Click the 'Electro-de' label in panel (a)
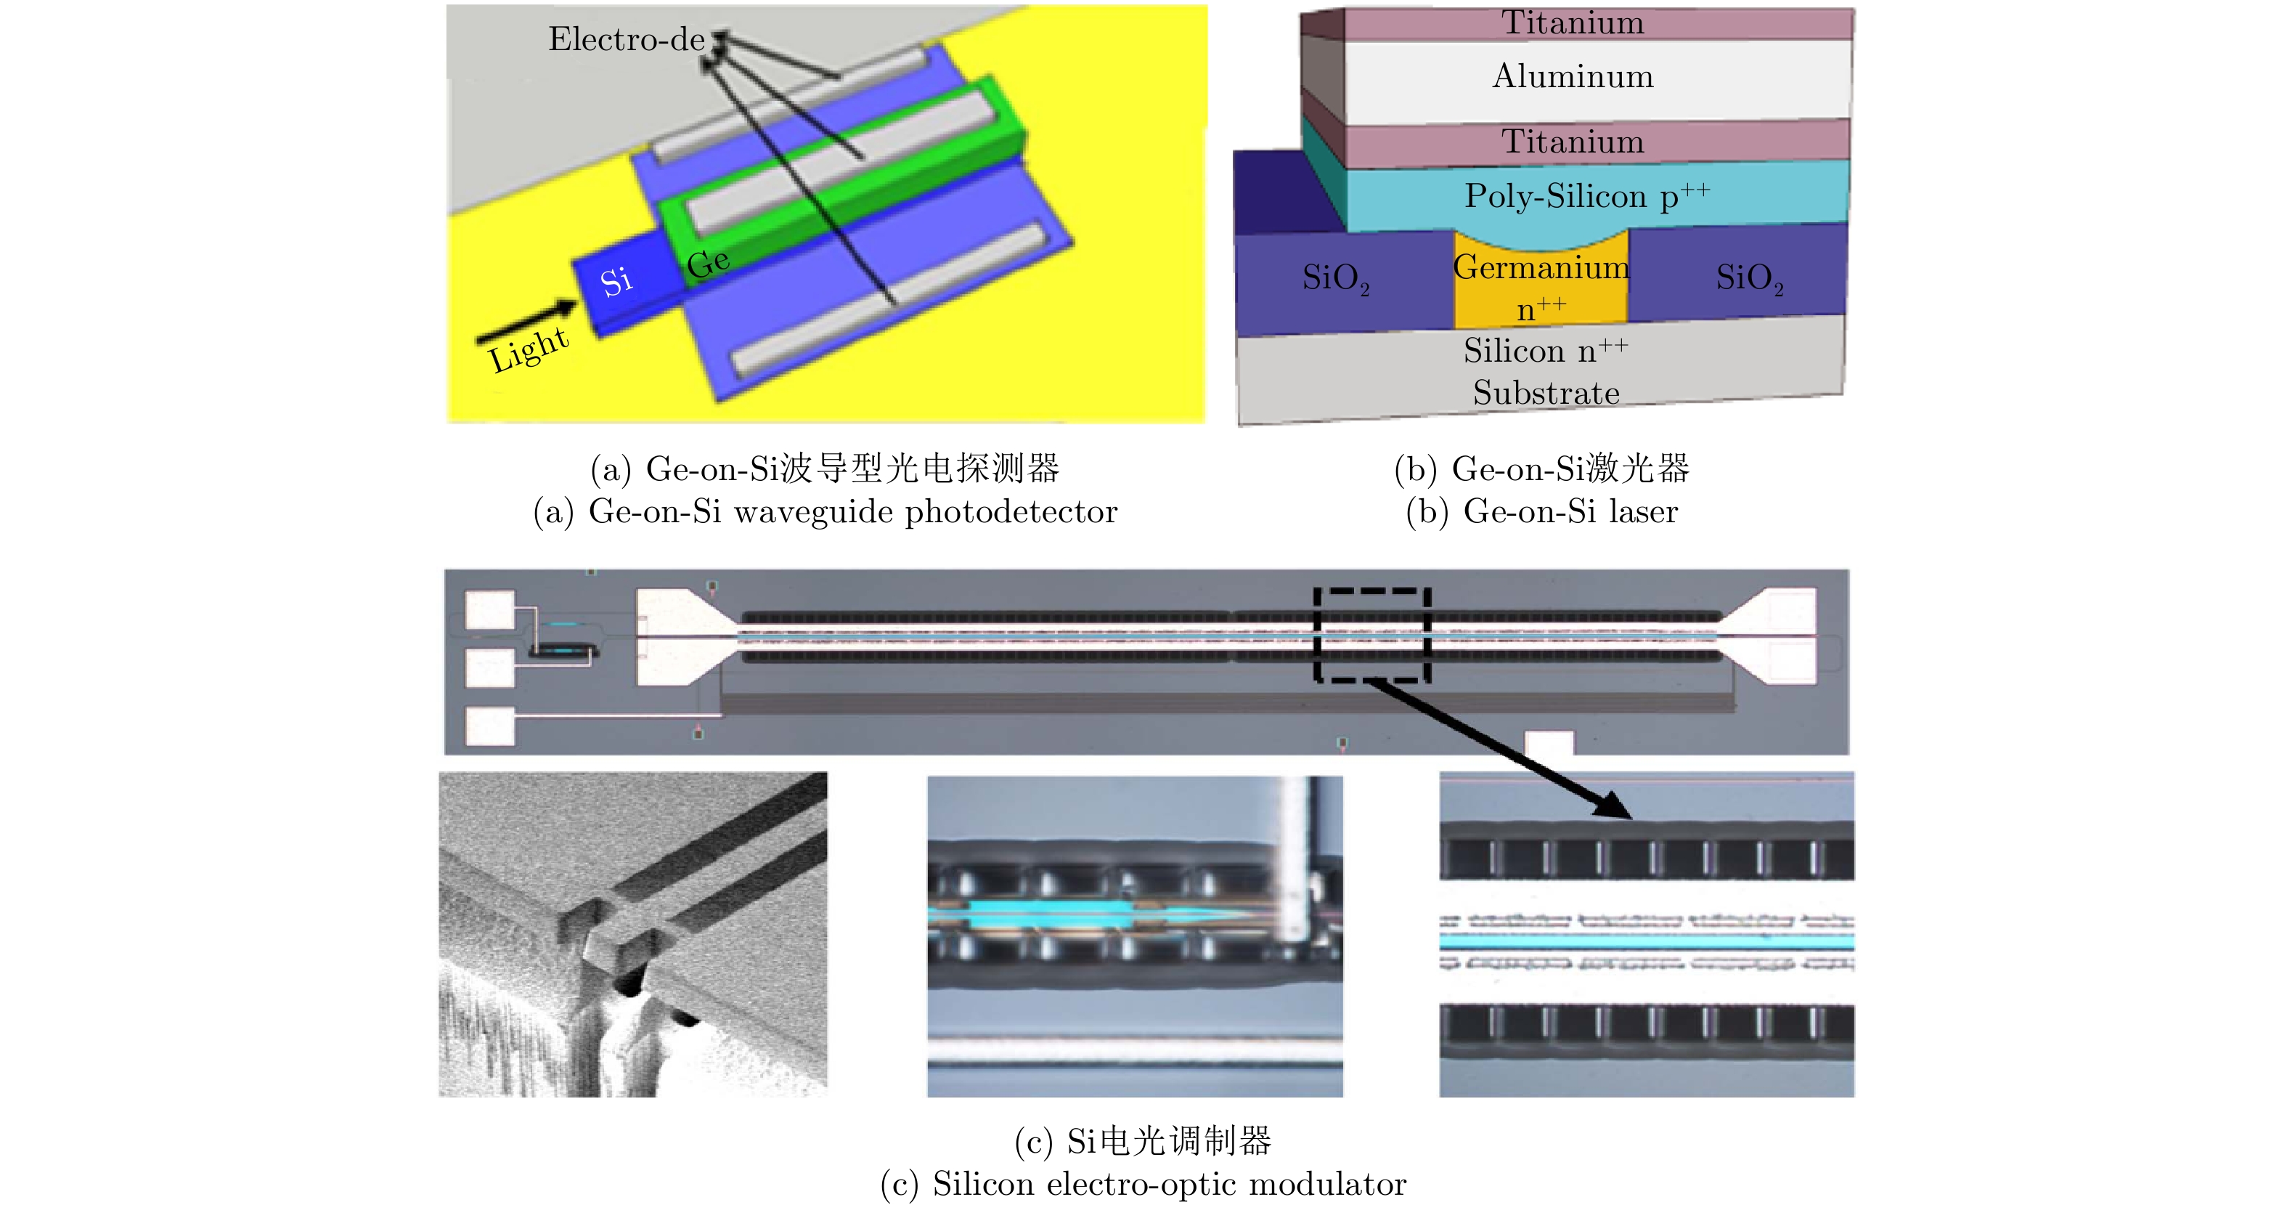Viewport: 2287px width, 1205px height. tap(626, 40)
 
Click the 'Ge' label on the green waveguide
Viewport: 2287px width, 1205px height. tap(709, 262)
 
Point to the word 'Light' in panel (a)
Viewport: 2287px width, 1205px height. tap(529, 350)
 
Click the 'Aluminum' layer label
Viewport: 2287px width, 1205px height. tap(1573, 77)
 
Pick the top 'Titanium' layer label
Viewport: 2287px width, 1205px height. tap(1573, 23)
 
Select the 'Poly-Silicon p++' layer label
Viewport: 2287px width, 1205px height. tap(1586, 196)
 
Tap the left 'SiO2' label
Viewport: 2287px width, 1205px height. tap(1335, 278)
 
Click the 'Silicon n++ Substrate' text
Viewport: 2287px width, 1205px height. tap(1546, 371)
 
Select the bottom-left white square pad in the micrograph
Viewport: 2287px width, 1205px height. tap(490, 726)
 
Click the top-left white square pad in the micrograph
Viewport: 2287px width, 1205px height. tap(490, 610)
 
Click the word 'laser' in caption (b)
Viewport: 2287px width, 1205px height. tap(1642, 512)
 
